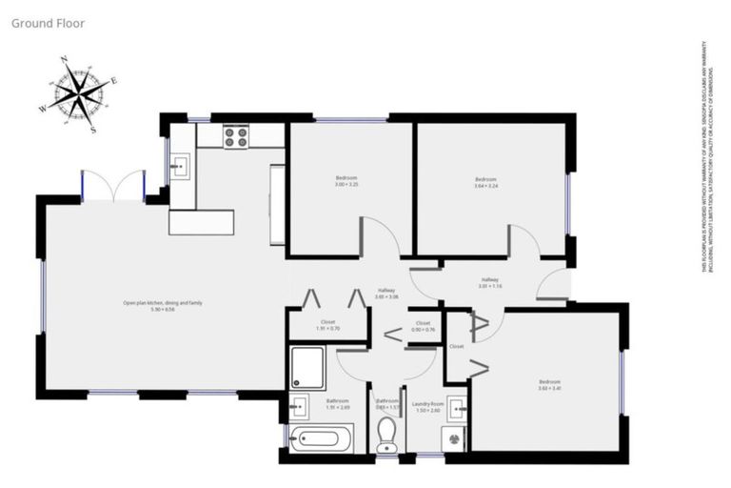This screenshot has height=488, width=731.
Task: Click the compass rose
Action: point(79,93)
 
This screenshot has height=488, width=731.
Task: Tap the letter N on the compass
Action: point(64,60)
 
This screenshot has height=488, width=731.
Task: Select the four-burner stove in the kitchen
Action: point(236,136)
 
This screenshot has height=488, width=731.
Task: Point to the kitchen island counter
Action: point(201,222)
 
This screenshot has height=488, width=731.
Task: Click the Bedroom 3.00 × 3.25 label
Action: point(346,181)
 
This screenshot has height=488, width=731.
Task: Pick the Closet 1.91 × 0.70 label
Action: point(328,325)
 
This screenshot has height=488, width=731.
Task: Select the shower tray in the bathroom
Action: point(307,367)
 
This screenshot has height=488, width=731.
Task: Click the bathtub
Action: point(320,439)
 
